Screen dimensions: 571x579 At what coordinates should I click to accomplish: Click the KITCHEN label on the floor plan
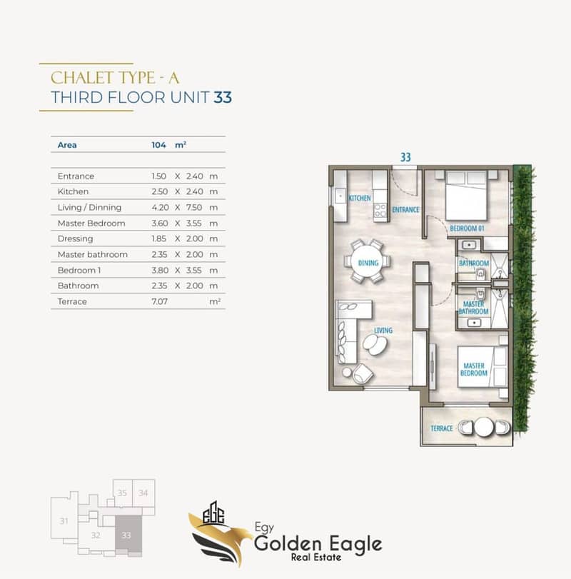[x=360, y=198]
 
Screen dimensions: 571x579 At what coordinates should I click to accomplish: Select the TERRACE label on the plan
[x=441, y=428]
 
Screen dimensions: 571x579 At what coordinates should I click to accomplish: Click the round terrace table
[x=484, y=427]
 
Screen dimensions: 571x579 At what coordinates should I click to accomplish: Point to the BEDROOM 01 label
[x=467, y=228]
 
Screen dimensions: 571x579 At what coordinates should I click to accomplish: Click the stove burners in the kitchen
[x=380, y=211]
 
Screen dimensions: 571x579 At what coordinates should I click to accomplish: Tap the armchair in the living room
[x=362, y=373]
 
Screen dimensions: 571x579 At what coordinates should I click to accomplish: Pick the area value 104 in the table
[x=158, y=145]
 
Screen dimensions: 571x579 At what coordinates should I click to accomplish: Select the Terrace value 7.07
[x=159, y=301]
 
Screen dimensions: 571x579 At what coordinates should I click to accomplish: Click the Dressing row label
[x=75, y=239]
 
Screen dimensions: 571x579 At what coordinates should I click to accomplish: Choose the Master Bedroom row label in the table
[x=91, y=223]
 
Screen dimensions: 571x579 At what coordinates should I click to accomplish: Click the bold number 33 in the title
[x=223, y=98]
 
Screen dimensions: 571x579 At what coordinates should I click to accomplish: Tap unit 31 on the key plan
[x=64, y=521]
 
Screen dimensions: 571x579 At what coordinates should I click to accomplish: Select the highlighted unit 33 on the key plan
[x=126, y=535]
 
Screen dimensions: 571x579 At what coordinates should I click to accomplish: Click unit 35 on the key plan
[x=122, y=493]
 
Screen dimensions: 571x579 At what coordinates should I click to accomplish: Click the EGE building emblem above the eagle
[x=213, y=513]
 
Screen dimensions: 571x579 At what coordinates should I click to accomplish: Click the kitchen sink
[x=339, y=196]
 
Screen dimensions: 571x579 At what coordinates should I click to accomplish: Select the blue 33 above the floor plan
[x=405, y=157]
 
